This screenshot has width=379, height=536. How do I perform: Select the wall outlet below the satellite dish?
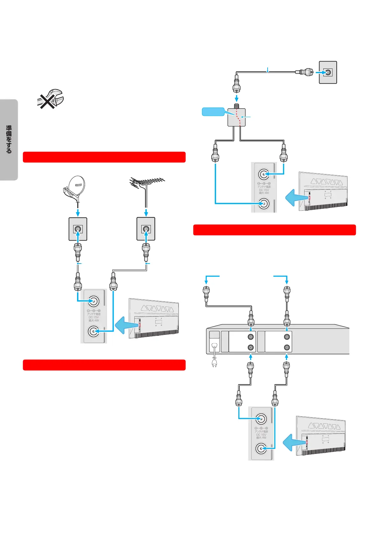(x=78, y=229)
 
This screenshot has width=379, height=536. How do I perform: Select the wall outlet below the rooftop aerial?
(x=146, y=229)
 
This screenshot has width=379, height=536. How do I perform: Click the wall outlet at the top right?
(x=328, y=72)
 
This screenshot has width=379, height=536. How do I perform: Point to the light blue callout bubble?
(x=213, y=112)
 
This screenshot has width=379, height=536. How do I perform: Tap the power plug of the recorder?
(x=214, y=363)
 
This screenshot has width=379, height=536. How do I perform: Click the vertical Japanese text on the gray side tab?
(x=9, y=139)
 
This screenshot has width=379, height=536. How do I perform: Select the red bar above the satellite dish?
(x=104, y=157)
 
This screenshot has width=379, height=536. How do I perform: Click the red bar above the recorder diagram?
(x=274, y=230)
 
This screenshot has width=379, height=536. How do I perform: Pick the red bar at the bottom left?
(x=104, y=365)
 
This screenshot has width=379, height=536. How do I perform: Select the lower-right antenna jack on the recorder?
(x=287, y=348)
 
